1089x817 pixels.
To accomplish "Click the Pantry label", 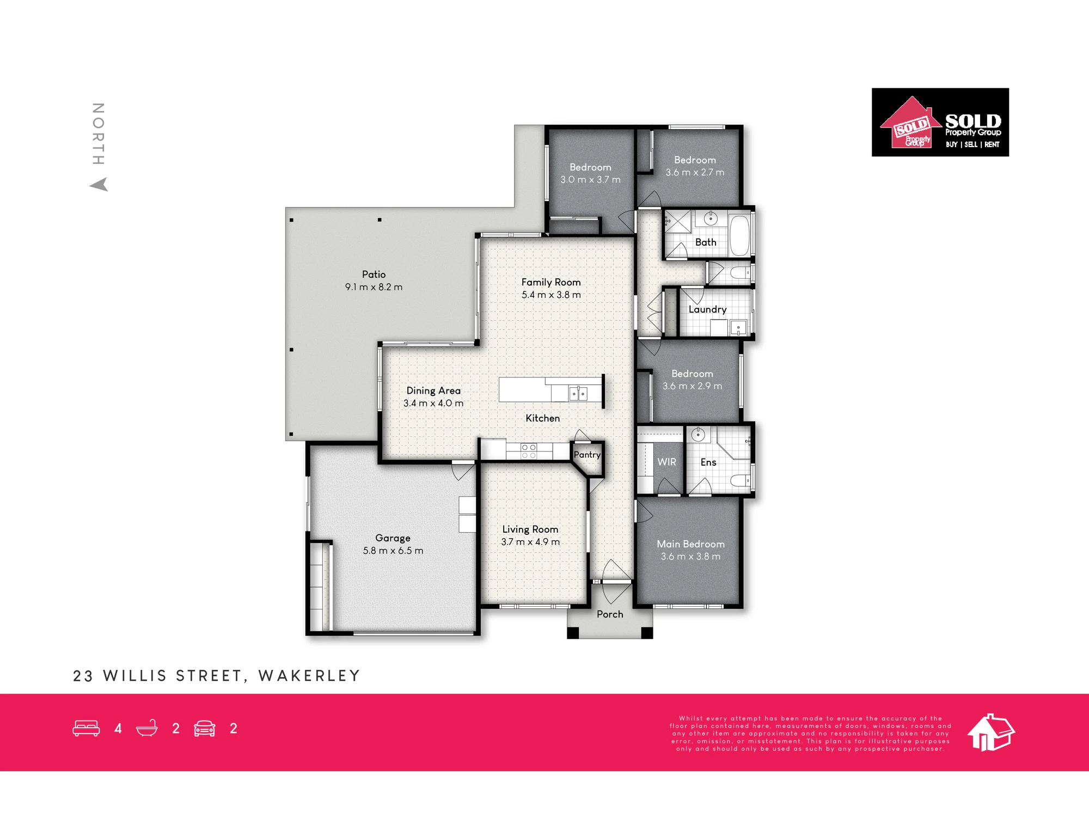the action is point(587,455).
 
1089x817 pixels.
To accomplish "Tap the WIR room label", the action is point(666,462).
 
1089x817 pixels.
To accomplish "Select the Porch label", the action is point(610,614).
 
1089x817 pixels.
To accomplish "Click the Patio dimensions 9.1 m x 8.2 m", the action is point(374,287).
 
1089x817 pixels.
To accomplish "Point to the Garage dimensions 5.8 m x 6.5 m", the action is point(393,551).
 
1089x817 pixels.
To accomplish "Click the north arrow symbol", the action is point(99,185).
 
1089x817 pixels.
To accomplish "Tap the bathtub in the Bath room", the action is point(739,235).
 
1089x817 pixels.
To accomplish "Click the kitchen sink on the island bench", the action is point(578,393).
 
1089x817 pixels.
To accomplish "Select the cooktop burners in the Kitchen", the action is point(529,451).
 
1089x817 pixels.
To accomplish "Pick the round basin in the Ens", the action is point(698,434).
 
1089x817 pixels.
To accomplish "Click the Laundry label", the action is point(707,309).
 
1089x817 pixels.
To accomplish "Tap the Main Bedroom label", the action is point(690,544).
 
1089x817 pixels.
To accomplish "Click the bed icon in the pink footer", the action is point(86,728).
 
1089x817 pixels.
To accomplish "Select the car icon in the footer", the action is point(204,728).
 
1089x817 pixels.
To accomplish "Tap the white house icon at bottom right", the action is point(991,732).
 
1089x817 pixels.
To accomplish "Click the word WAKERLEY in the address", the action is point(309,676).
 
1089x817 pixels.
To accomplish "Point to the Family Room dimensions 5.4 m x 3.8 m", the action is point(551,295).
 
